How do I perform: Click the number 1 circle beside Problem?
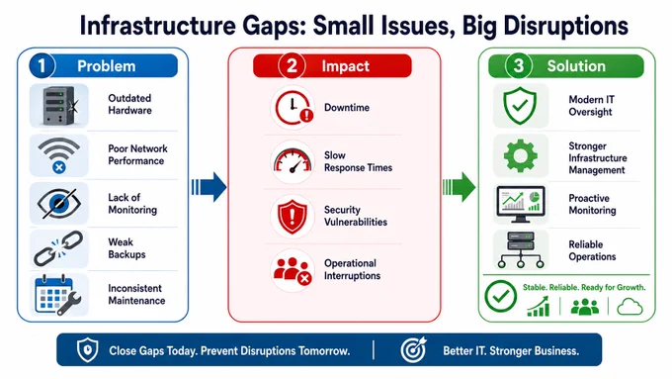pos(42,65)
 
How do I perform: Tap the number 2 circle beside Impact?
pos(292,65)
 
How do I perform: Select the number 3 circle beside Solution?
pos(518,65)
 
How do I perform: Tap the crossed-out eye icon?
pos(58,203)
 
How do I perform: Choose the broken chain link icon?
pos(58,248)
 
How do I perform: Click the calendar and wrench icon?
pos(58,295)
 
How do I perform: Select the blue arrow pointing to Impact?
pos(209,187)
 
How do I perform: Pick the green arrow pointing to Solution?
pos(459,187)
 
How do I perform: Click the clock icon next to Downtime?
pos(294,107)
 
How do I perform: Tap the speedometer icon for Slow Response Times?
pos(293,161)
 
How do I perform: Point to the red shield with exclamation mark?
pos(293,217)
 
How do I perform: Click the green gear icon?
pos(520,155)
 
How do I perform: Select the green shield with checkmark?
pos(520,106)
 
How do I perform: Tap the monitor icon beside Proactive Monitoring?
pos(521,204)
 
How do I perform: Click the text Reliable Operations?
pos(592,250)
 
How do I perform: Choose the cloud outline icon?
pos(630,308)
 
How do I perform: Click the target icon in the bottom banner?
pos(413,349)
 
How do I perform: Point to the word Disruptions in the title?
pos(566,26)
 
